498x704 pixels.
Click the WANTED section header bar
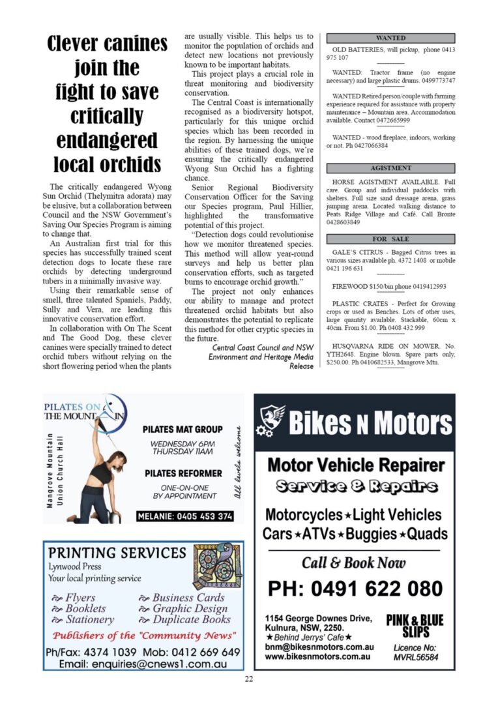tap(390, 38)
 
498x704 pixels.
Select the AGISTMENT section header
tap(390, 168)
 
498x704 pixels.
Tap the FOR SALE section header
tap(390, 239)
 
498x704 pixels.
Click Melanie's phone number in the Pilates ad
tap(185, 516)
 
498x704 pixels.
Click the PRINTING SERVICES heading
tap(117, 553)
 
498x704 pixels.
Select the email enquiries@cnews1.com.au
tap(143, 664)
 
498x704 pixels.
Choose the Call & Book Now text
tap(354, 563)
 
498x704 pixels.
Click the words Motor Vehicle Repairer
tap(355, 465)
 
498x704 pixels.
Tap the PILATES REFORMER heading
tap(183, 473)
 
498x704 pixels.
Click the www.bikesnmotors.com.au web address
tap(318, 656)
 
